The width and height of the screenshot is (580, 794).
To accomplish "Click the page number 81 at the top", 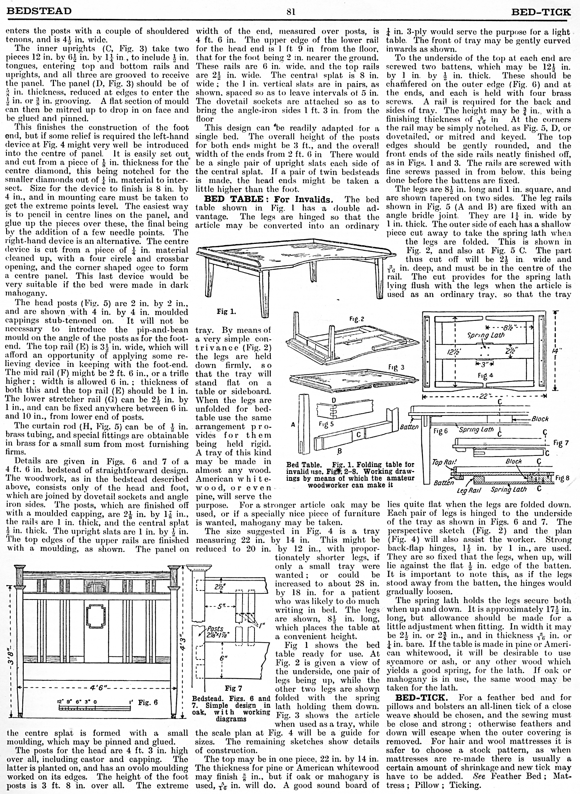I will click(x=291, y=12).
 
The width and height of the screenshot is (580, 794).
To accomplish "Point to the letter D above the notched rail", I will click(x=334, y=400).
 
